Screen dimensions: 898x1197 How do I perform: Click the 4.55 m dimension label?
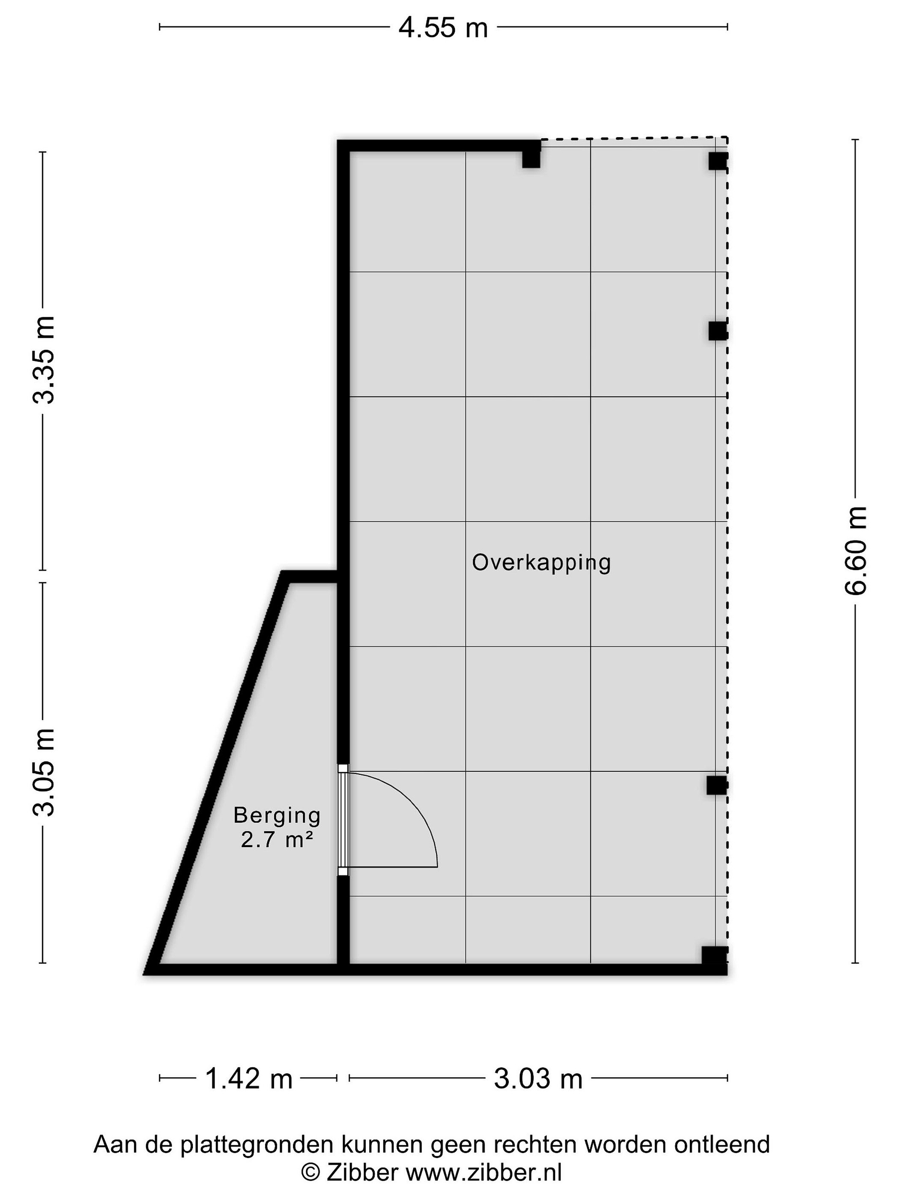[x=443, y=27]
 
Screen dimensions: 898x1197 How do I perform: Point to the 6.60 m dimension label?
[x=855, y=551]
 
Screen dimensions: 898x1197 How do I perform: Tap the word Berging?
[x=277, y=815]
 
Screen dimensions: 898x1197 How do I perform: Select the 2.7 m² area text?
[x=277, y=840]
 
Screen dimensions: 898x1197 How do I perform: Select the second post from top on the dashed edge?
[x=718, y=331]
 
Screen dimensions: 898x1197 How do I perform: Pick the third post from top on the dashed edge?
[x=717, y=785]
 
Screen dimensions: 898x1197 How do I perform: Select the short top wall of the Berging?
[x=310, y=577]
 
